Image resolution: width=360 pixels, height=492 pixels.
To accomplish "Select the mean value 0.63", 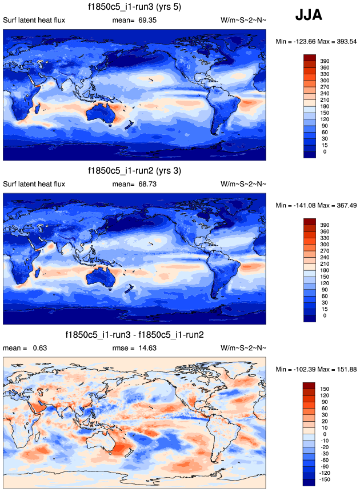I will coord(39,348).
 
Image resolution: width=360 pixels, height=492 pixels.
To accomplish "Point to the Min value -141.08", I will coord(299,205).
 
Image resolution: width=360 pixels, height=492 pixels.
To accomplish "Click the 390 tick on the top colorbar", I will coord(324,60).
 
